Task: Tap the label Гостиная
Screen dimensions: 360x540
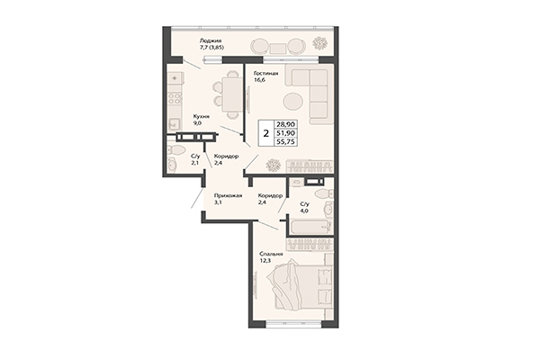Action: click(265, 72)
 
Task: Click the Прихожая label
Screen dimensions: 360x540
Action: click(224, 195)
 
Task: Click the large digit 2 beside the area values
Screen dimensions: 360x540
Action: click(265, 132)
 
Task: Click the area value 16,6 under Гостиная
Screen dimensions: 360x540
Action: click(261, 81)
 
